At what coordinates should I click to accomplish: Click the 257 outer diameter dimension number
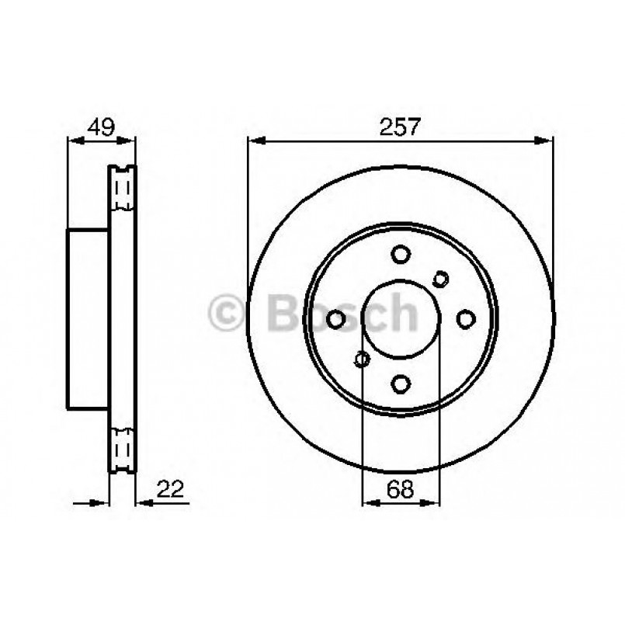[x=401, y=127]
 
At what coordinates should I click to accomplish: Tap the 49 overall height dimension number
[x=101, y=127]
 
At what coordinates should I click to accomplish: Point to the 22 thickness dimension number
[x=171, y=488]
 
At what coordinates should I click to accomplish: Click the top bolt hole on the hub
[x=401, y=255]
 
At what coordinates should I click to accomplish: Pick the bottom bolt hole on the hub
[x=401, y=383]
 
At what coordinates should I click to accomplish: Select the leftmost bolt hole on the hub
[x=336, y=319]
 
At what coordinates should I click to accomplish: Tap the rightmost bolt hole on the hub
[x=465, y=319]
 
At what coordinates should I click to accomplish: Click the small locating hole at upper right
[x=441, y=278]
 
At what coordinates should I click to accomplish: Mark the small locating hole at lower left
[x=361, y=359]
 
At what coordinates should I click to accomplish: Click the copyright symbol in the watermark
[x=229, y=313]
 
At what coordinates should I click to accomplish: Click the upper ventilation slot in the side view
[x=122, y=189]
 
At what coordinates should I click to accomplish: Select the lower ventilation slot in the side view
[x=122, y=449]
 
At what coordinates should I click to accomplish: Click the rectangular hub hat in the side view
[x=88, y=319]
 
